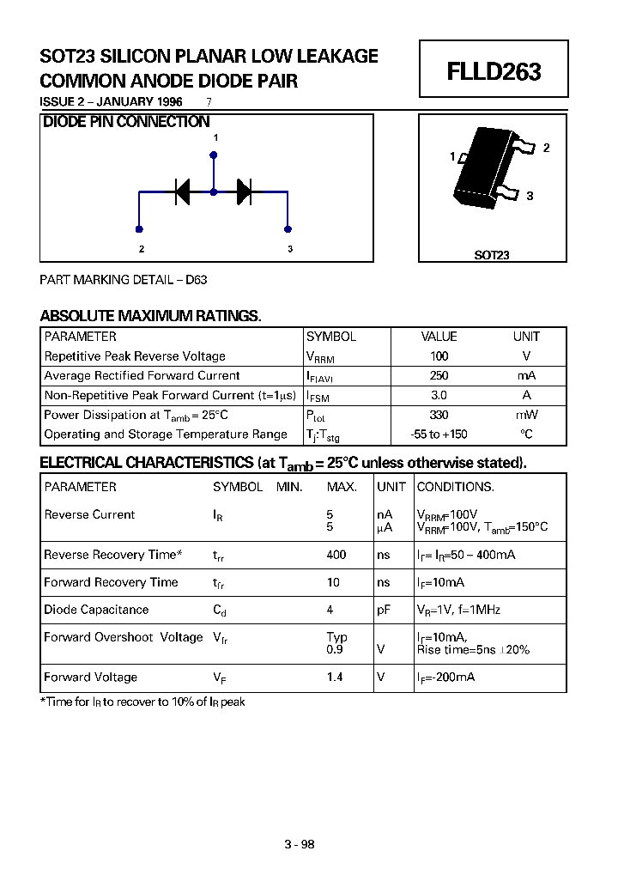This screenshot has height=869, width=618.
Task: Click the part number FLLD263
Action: pyautogui.click(x=494, y=71)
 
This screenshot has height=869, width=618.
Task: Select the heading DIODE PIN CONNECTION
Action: pyautogui.click(x=126, y=122)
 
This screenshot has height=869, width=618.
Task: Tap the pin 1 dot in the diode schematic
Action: pyautogui.click(x=214, y=155)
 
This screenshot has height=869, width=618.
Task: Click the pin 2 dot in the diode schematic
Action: pyautogui.click(x=139, y=229)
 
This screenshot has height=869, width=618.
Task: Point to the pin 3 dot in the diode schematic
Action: pyautogui.click(x=288, y=229)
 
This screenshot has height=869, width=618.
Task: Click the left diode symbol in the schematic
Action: pyautogui.click(x=182, y=192)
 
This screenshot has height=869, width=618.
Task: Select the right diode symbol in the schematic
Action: pyautogui.click(x=244, y=192)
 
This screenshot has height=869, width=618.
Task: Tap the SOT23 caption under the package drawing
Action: pyautogui.click(x=492, y=255)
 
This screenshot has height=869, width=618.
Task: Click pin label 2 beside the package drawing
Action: pyautogui.click(x=546, y=148)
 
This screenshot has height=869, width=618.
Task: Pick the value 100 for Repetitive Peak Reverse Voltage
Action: pyautogui.click(x=439, y=355)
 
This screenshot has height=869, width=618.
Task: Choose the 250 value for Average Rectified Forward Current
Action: pyautogui.click(x=439, y=375)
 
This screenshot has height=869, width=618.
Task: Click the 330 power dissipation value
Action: pyautogui.click(x=439, y=415)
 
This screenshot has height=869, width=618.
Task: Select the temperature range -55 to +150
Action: pyautogui.click(x=439, y=434)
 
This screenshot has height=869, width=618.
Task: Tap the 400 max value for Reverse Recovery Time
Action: pyautogui.click(x=336, y=555)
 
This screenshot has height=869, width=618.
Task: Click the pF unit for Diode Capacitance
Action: pyautogui.click(x=384, y=610)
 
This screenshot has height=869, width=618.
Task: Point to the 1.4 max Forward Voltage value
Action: pyautogui.click(x=335, y=677)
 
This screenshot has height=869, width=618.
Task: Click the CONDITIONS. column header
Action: pyautogui.click(x=455, y=487)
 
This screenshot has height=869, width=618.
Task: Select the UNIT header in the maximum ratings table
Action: pyautogui.click(x=526, y=337)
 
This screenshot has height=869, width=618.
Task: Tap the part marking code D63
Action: pyautogui.click(x=197, y=280)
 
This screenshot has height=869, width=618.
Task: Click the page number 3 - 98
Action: pyautogui.click(x=300, y=844)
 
